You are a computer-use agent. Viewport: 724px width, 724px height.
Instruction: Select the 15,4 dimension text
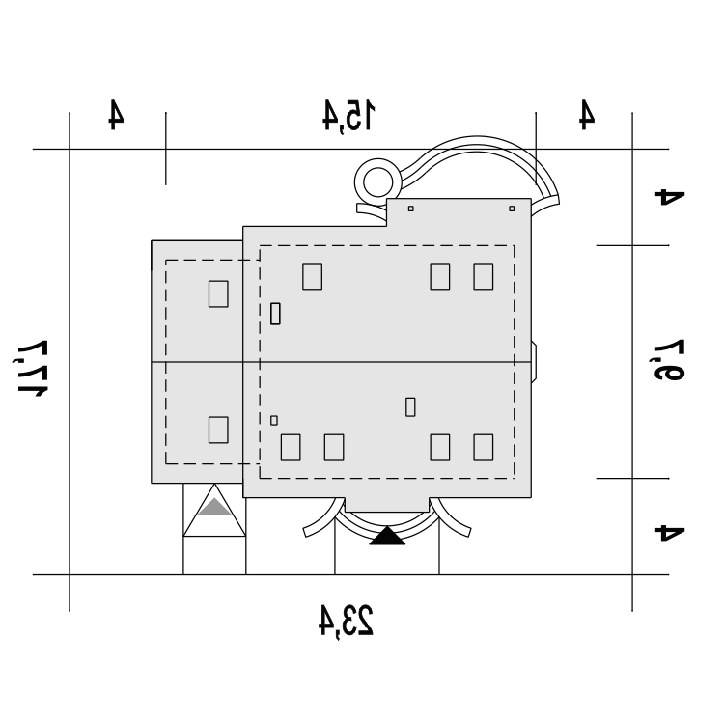[348, 116]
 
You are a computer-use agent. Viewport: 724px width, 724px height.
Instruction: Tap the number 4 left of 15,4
[116, 114]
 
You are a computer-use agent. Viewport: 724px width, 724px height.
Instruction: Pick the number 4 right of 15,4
[587, 114]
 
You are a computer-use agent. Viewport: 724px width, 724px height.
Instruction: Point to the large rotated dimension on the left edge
[31, 368]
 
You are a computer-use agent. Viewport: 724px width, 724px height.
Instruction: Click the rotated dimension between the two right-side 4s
[669, 360]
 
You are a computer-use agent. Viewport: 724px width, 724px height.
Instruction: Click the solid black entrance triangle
[387, 536]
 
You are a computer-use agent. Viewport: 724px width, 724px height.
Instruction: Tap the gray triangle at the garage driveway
[214, 507]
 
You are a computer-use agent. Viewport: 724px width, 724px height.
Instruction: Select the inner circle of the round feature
[378, 182]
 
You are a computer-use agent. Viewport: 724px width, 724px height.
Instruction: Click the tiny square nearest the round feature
[411, 209]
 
